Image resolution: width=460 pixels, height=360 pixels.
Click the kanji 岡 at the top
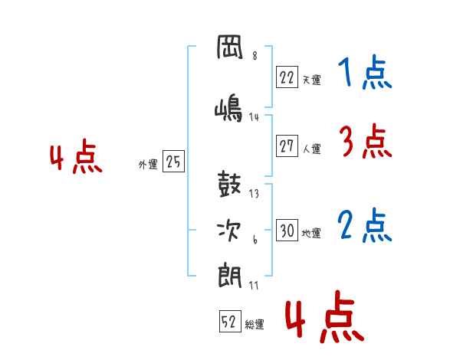230,47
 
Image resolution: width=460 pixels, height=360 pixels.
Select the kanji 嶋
228,108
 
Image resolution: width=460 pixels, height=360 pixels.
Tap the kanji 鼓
229,184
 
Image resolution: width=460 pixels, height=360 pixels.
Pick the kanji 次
229,231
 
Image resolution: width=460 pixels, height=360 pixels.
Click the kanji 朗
229,277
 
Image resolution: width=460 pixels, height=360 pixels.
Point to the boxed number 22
287,77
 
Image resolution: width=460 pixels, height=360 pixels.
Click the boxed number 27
287,146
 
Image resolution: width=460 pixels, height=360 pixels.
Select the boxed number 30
287,230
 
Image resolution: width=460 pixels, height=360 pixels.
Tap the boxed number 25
173,161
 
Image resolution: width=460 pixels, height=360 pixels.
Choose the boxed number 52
230,321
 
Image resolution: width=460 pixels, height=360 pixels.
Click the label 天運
312,80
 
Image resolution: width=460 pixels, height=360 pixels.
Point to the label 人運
312,149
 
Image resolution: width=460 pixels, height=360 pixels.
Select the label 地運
311,234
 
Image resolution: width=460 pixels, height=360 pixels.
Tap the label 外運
148,165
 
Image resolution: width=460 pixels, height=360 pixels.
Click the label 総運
255,325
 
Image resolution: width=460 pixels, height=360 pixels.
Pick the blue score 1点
365,72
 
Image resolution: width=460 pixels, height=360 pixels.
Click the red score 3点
366,141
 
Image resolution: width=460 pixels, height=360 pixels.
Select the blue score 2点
365,225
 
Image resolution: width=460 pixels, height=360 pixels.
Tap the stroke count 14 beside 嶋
254,117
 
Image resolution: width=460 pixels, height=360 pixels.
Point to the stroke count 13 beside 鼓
254,194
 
